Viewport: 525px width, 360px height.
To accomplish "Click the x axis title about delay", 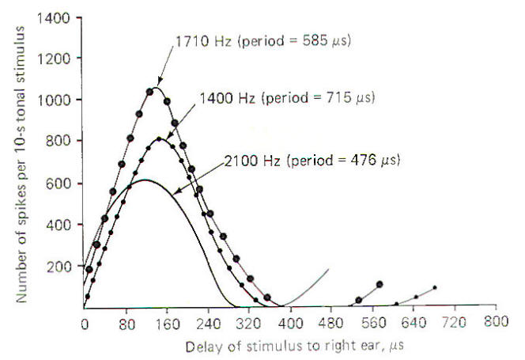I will tap(290, 346).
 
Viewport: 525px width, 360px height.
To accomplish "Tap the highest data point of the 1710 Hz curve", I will tap(149, 91).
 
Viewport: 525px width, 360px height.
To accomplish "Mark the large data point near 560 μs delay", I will tap(380, 283).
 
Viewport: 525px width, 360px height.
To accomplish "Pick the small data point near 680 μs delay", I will tap(435, 287).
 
